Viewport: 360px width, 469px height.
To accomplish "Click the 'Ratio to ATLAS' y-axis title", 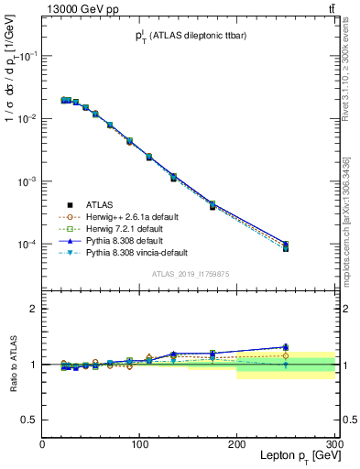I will click(x=12, y=364).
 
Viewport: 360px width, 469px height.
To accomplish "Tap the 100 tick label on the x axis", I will click(x=139, y=443).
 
